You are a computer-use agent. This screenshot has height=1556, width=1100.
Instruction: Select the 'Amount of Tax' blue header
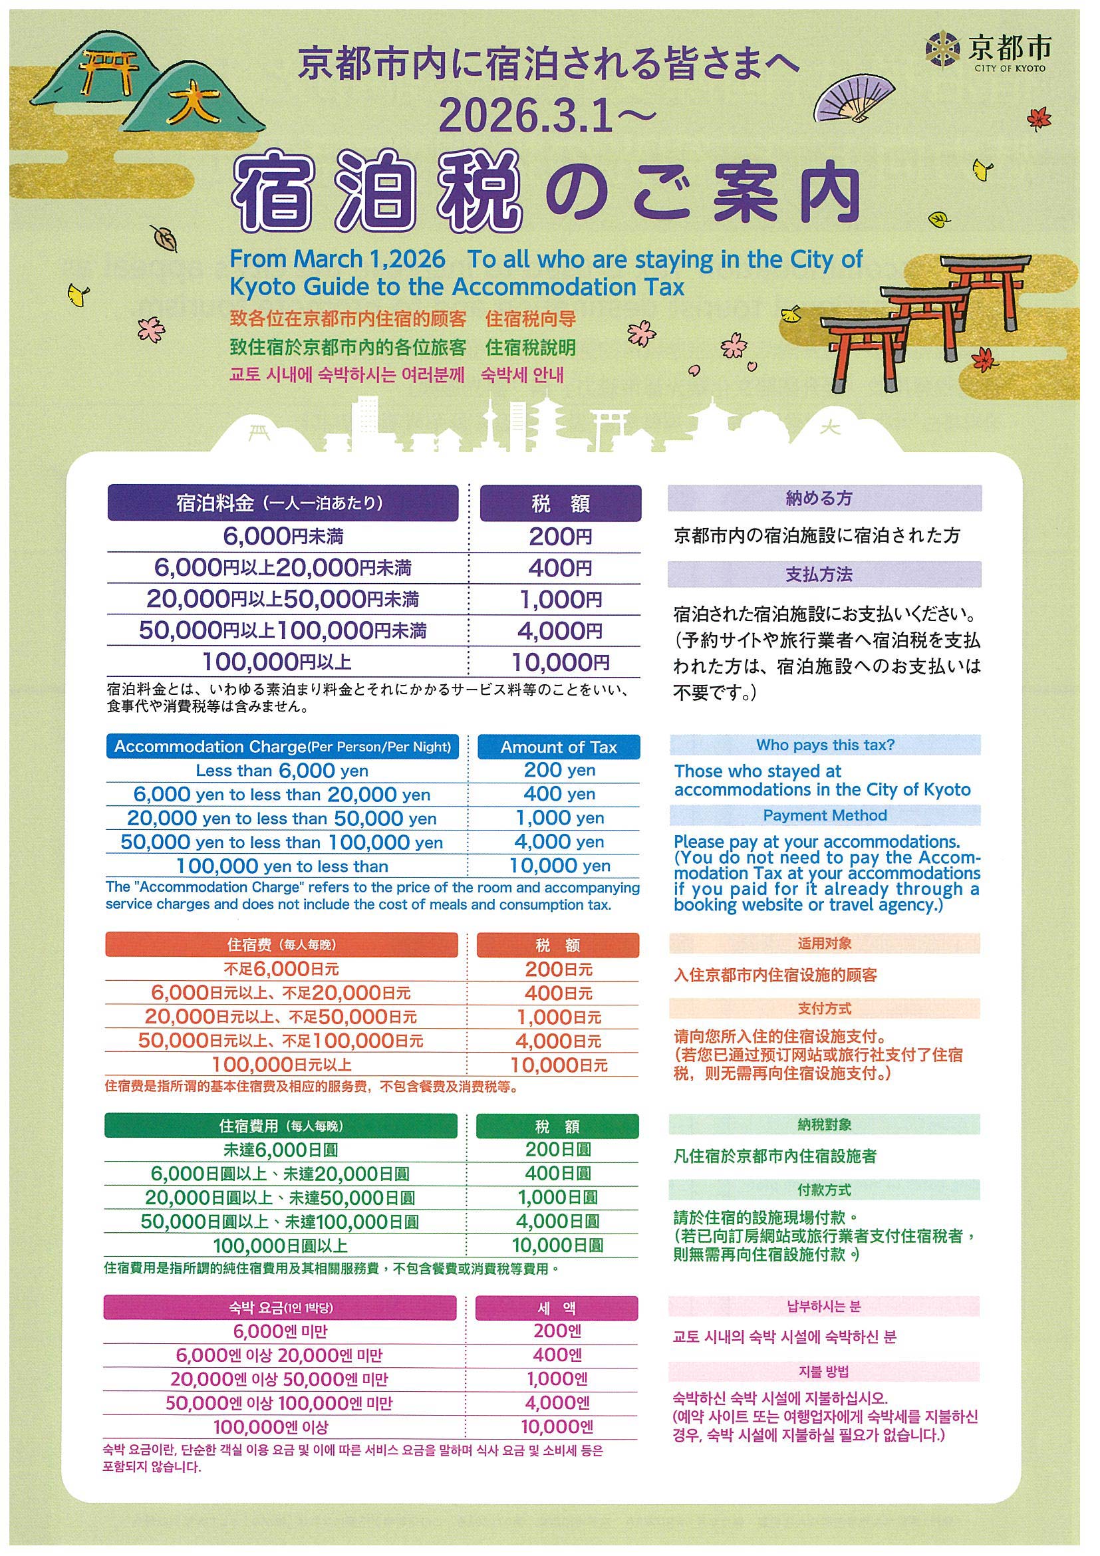pos(559,747)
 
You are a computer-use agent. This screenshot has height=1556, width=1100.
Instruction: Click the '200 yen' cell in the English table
pos(559,770)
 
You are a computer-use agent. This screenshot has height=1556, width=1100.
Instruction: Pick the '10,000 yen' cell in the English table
pos(559,865)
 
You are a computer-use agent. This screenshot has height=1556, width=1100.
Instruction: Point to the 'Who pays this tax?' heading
pos(825,745)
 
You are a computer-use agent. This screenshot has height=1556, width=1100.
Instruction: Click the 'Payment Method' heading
pos(825,815)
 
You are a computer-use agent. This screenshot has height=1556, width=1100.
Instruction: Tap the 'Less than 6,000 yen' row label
pos(282,771)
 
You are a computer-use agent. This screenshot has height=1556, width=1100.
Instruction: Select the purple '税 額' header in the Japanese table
pos(561,503)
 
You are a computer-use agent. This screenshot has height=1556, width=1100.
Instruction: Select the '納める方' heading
pos(824,499)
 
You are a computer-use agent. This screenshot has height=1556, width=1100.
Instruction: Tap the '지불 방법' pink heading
pos(823,1372)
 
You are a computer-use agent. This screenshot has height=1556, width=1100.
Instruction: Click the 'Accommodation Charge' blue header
pos(282,747)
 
